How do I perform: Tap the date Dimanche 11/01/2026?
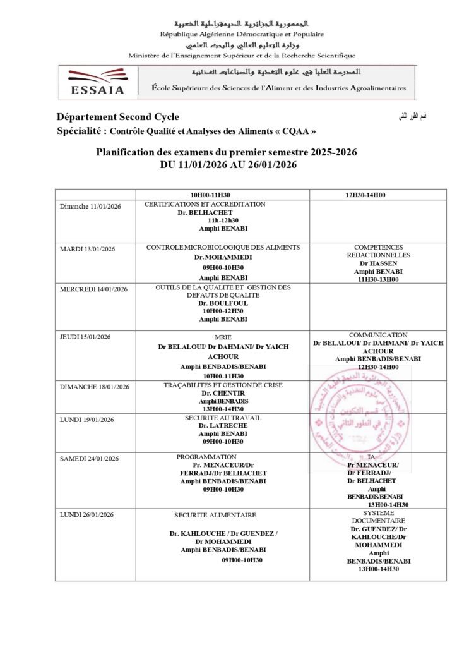(x=90, y=207)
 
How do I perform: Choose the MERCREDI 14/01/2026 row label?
(x=93, y=289)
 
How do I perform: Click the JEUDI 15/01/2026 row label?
(x=85, y=337)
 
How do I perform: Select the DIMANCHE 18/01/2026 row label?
(x=94, y=387)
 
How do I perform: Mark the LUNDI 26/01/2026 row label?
(x=87, y=515)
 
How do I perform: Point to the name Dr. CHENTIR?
(x=223, y=393)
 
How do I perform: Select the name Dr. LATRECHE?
(x=223, y=426)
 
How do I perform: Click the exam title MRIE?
(x=223, y=337)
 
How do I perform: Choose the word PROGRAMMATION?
(x=206, y=456)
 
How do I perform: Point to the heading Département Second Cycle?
(x=118, y=117)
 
